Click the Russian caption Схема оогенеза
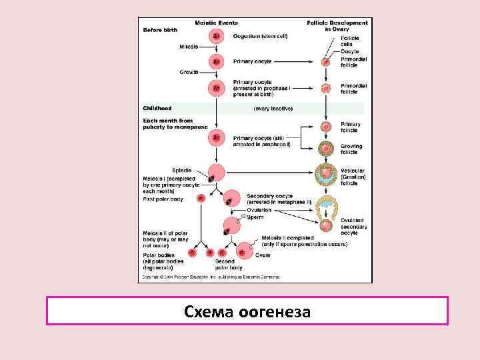(247, 311)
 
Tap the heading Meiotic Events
(217, 23)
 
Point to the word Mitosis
(189, 47)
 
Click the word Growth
(189, 71)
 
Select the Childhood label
(157, 108)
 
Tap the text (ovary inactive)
(273, 108)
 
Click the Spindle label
(183, 171)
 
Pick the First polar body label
(163, 199)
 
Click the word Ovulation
(259, 210)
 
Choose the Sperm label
(255, 217)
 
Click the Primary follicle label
(351, 127)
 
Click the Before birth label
(160, 29)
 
